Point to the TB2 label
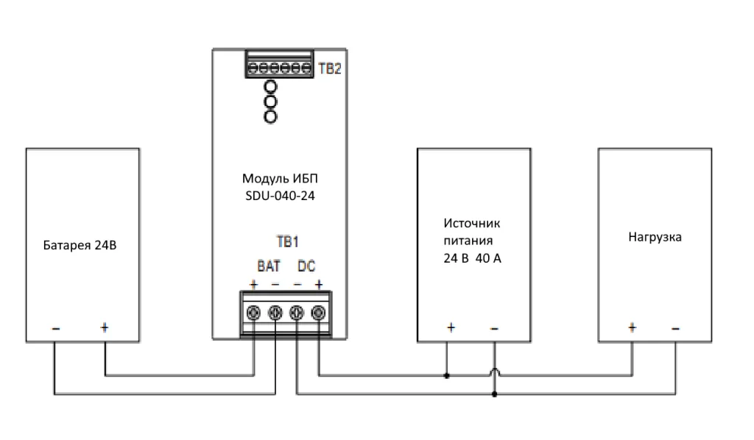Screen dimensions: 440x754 pyautogui.click(x=328, y=69)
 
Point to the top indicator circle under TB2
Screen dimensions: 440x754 pyautogui.click(x=271, y=88)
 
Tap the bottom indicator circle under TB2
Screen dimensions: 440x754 pyautogui.click(x=271, y=116)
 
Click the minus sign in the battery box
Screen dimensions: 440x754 pyautogui.click(x=55, y=327)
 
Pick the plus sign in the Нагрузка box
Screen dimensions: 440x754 pyautogui.click(x=632, y=327)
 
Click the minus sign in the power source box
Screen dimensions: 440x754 pyautogui.click(x=494, y=327)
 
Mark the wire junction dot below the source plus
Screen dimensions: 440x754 pyautogui.click(x=447, y=376)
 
